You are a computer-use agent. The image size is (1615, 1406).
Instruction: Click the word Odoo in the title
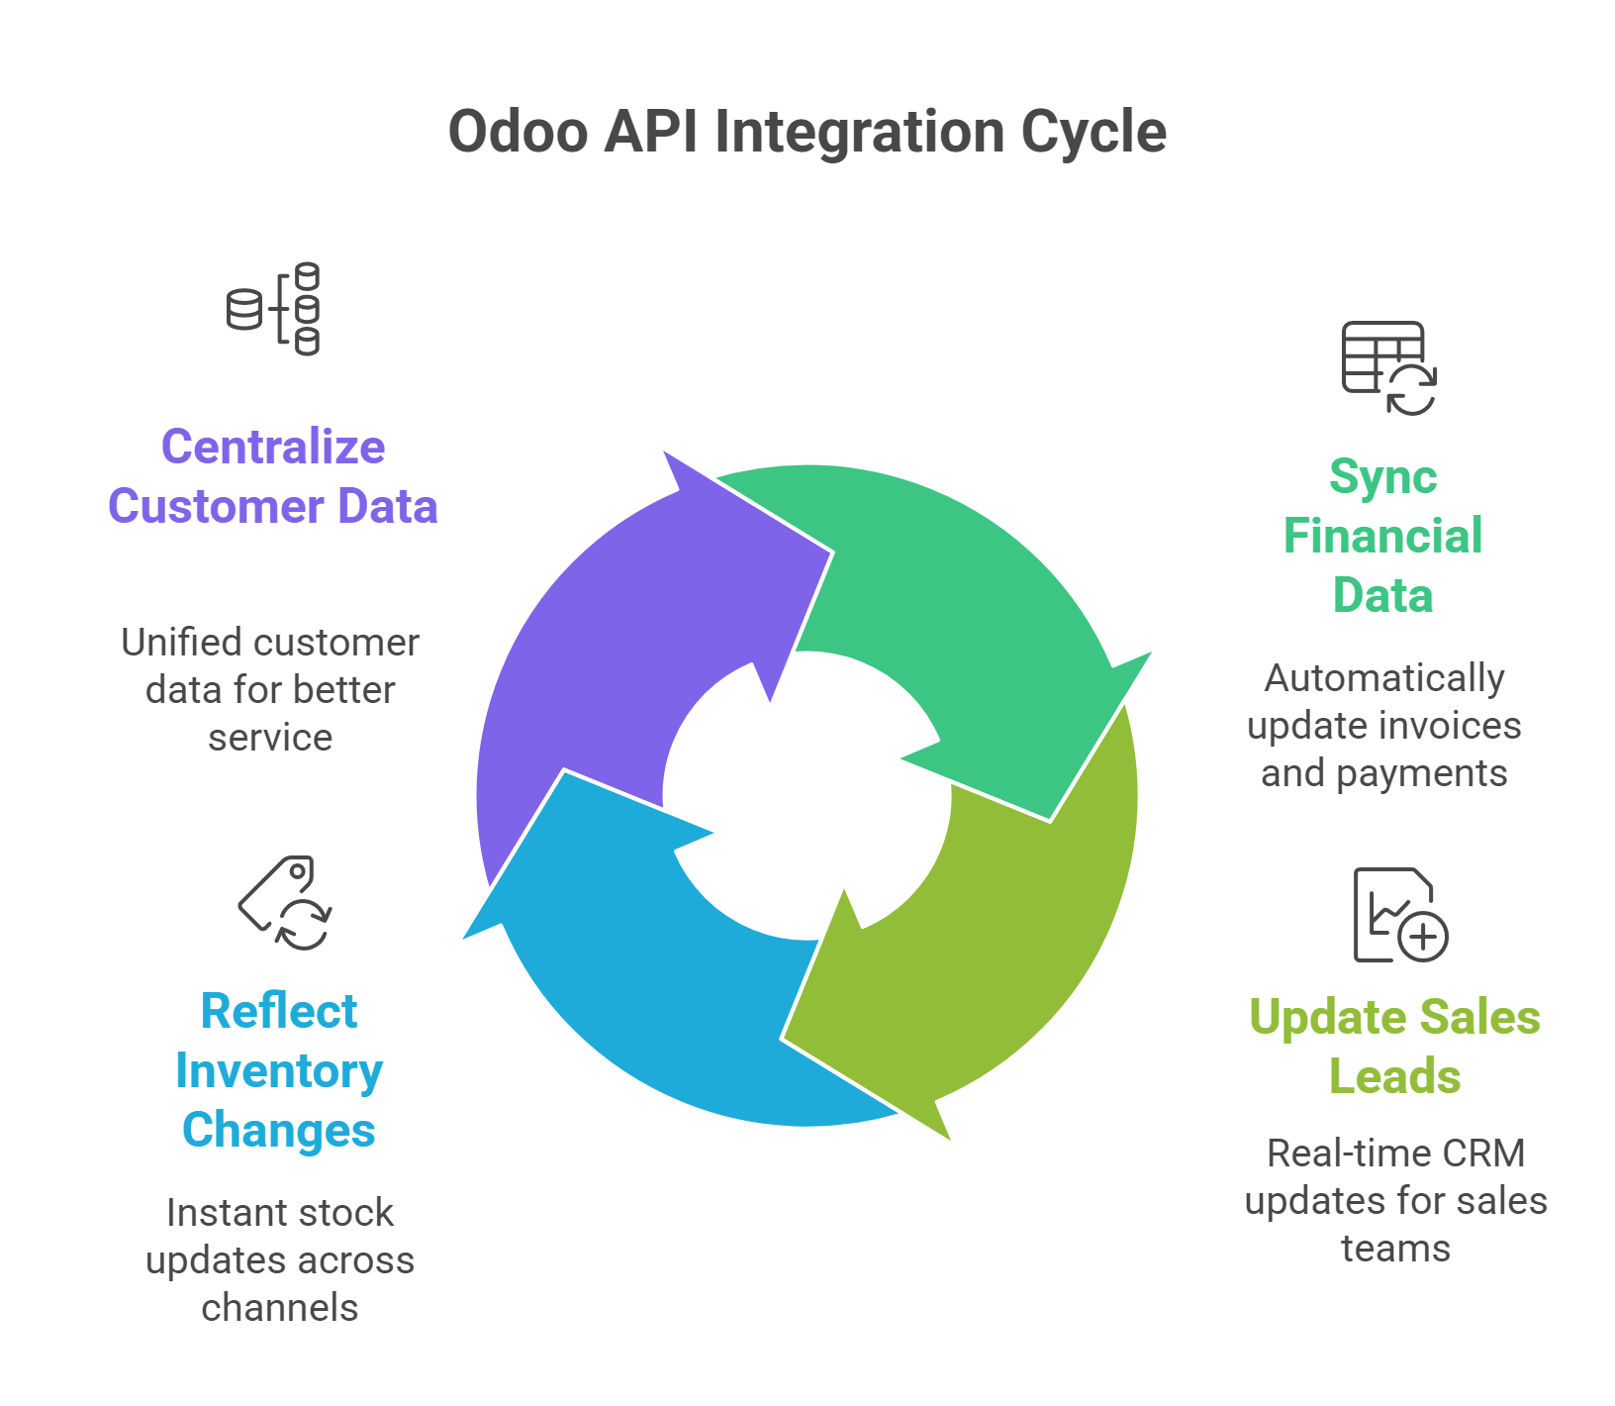pyautogui.click(x=518, y=132)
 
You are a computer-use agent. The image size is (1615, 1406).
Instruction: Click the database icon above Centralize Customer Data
pyautogui.click(x=274, y=309)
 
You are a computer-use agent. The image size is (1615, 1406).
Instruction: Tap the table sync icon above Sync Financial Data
pyautogui.click(x=1387, y=367)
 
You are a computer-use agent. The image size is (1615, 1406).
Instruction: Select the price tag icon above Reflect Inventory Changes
pyautogui.click(x=286, y=903)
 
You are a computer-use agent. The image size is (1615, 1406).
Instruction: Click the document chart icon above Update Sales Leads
pyautogui.click(x=1398, y=915)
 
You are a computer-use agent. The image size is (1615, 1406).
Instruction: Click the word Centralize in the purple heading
pyautogui.click(x=273, y=447)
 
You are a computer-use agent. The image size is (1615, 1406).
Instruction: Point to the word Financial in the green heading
pyautogui.click(x=1382, y=536)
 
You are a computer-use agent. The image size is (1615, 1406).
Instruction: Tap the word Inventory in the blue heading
pyautogui.click(x=278, y=1071)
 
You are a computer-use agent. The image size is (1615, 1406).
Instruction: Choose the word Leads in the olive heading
pyautogui.click(x=1394, y=1076)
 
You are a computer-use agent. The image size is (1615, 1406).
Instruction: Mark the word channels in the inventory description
pyautogui.click(x=279, y=1308)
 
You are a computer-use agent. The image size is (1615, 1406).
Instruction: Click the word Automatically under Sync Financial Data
pyautogui.click(x=1383, y=678)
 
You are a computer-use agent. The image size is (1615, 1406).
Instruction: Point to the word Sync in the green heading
pyautogui.click(x=1381, y=477)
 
